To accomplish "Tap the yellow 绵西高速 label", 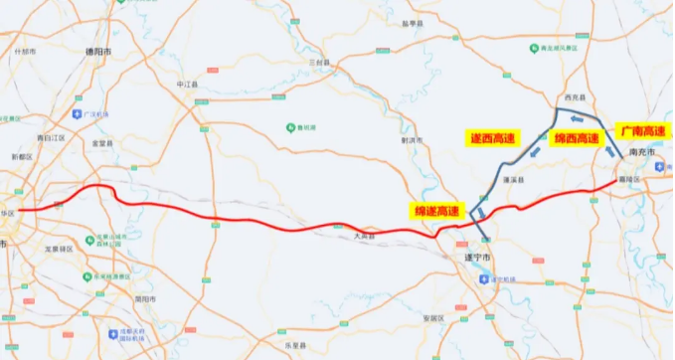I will coord(577,138).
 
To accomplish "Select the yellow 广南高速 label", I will coord(642,130).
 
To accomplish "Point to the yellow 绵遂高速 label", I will coord(438,210).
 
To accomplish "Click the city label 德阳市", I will coord(94,48).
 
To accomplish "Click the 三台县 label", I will coord(319,62).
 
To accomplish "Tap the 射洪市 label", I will coord(410,140).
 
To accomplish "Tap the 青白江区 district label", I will coord(50,136).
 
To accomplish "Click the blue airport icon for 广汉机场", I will coord(88,114).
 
